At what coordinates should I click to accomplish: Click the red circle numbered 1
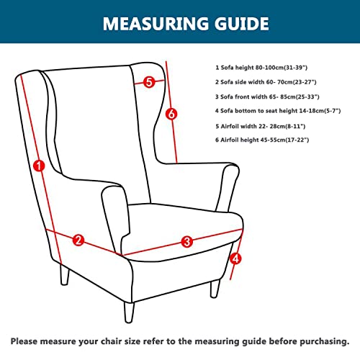tap(39, 166)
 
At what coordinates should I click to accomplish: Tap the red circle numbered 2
tap(78, 240)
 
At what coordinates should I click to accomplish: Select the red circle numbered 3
tap(187, 241)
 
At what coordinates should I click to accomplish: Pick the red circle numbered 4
tap(235, 258)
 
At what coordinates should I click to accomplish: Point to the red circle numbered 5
tap(149, 82)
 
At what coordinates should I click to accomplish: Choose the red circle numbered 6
tap(171, 114)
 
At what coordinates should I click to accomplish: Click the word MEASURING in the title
tap(156, 24)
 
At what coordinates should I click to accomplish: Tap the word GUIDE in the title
tap(242, 24)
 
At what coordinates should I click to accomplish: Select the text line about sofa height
tap(261, 68)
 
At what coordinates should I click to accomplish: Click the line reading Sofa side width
tap(266, 82)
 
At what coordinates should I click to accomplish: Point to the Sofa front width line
tap(267, 96)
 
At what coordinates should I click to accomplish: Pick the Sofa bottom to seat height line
tap(278, 111)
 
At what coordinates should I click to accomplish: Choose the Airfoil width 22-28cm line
tap(261, 126)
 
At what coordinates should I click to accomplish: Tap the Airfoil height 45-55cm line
tap(262, 140)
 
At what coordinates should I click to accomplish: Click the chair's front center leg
tap(129, 312)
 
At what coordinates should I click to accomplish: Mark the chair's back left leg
tap(65, 275)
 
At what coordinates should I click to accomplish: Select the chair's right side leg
tap(215, 289)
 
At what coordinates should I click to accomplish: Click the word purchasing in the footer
tap(325, 341)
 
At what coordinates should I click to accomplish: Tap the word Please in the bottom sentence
tap(24, 341)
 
